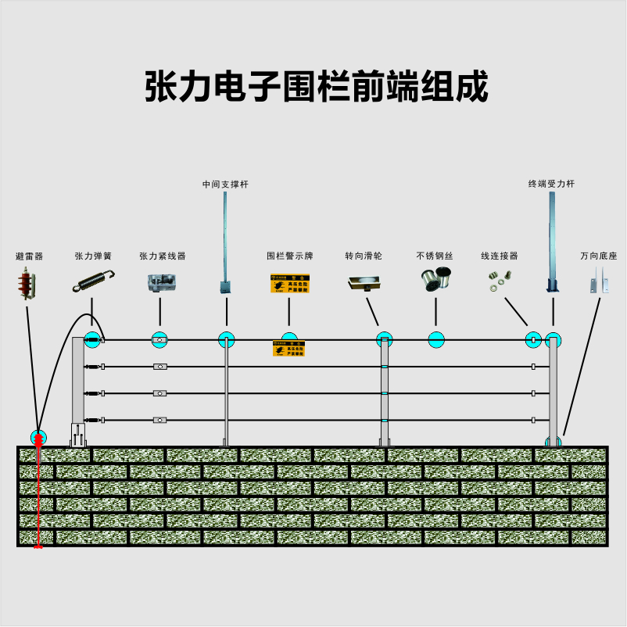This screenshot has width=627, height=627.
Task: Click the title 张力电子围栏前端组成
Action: pos(316,86)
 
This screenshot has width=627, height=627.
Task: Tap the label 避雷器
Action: pos(30,256)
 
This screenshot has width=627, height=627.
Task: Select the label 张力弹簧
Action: pos(93,256)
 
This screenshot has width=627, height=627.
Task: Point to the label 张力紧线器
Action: pos(163,256)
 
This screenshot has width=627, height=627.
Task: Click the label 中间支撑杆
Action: pos(225,185)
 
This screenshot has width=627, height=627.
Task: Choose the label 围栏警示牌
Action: pos(289,256)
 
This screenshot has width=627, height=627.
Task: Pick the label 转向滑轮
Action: pos(364,256)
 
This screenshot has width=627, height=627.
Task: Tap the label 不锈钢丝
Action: pos(435,256)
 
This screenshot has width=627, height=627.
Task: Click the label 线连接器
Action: pos(499,256)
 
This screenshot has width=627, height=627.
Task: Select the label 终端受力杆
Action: pos(551,185)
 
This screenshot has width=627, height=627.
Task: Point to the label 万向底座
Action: pos(598,256)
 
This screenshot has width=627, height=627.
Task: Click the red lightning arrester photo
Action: pos(27,284)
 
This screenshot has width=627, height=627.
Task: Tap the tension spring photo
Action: pos(94,281)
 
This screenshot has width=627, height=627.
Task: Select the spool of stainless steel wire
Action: pos(435,280)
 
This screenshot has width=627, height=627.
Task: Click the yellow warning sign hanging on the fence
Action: pos(288,349)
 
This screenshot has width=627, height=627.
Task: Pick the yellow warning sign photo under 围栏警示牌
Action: pos(289,283)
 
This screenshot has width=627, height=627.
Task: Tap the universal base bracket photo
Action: pos(600,281)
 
